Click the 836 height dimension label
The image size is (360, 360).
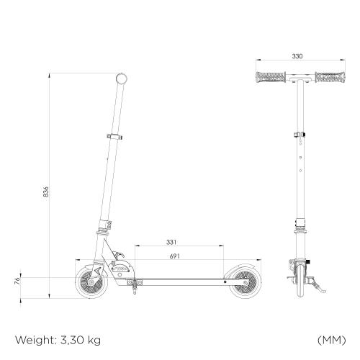[x=45, y=192]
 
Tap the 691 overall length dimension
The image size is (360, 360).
[x=174, y=256]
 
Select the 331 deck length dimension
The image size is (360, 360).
[x=171, y=242]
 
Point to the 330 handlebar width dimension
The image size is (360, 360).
[x=297, y=56]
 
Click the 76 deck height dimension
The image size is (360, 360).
[x=17, y=281]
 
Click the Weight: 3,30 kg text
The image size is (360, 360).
[x=58, y=340]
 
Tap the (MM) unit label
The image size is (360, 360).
[x=332, y=340]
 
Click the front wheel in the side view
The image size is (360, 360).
[x=91, y=282]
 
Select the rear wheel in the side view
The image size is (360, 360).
[x=244, y=282]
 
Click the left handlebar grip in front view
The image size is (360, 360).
[x=271, y=77]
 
